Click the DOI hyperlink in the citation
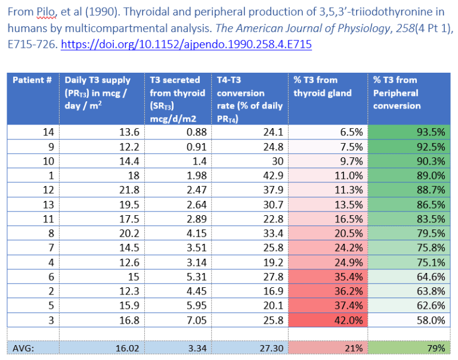[186, 45]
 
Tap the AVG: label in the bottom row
[24, 348]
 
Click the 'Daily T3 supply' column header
[101, 92]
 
